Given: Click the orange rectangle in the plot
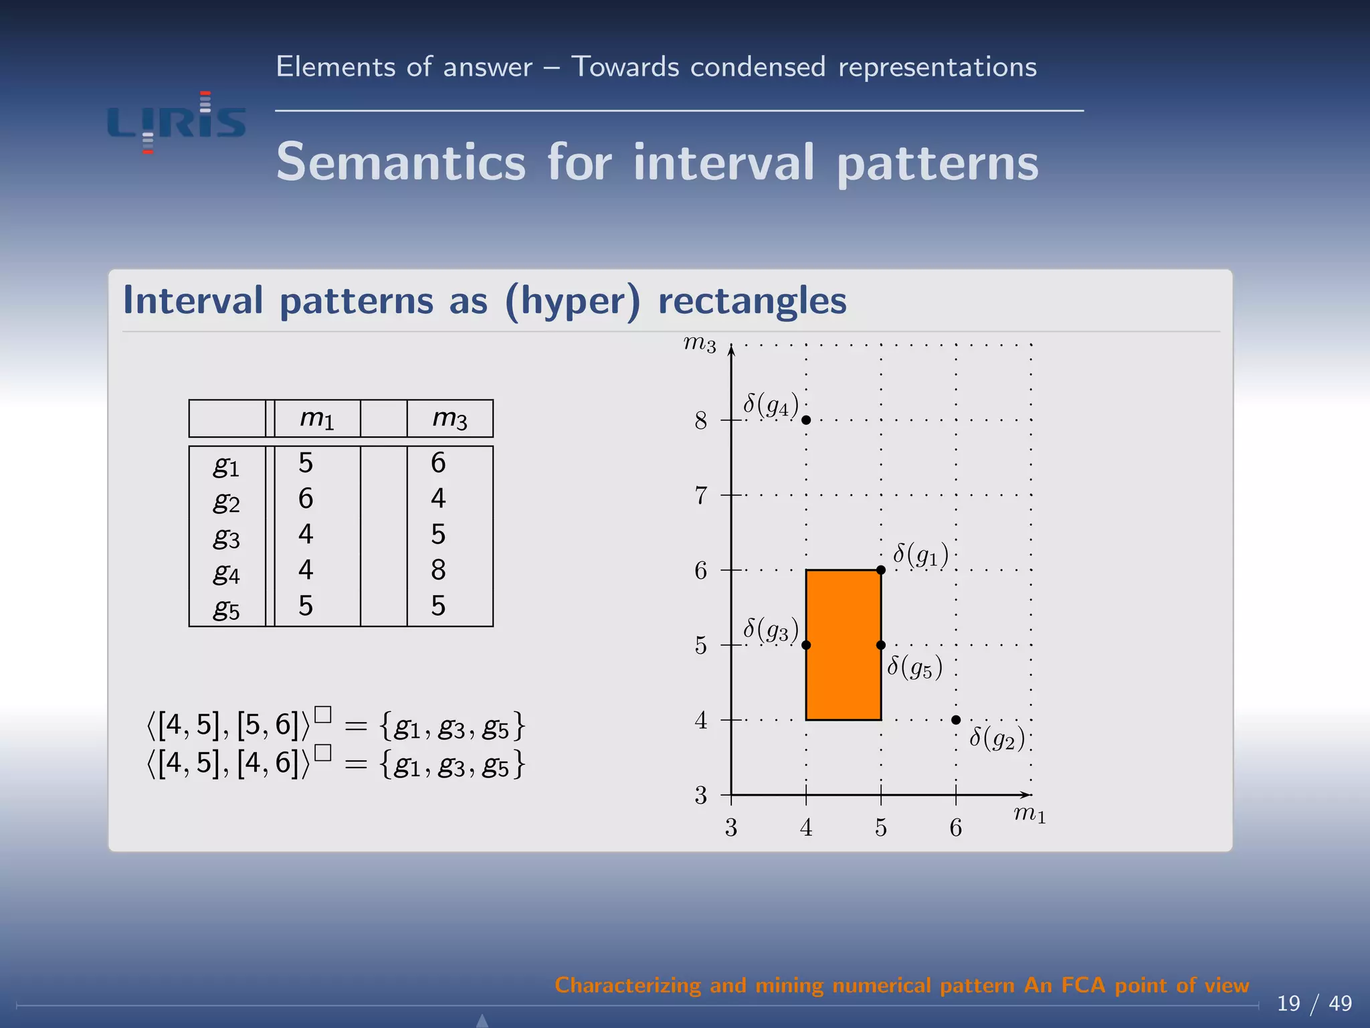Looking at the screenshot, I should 843,645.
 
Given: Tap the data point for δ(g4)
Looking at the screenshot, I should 806,420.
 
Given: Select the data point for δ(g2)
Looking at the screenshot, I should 956,719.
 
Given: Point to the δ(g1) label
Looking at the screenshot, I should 920,554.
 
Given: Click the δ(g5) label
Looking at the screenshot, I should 914,667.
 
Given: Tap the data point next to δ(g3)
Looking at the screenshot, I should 806,645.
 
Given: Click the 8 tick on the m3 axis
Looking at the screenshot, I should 700,421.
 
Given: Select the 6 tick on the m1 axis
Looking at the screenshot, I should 955,828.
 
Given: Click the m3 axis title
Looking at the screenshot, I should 699,344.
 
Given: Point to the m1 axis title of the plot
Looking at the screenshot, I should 1029,814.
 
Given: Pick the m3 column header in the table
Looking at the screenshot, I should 450,418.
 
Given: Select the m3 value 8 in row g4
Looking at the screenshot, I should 438,570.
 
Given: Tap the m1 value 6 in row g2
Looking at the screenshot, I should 306,499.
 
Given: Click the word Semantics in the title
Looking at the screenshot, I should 401,162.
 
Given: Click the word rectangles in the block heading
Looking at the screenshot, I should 752,300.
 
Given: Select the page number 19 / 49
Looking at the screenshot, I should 1313,1003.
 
